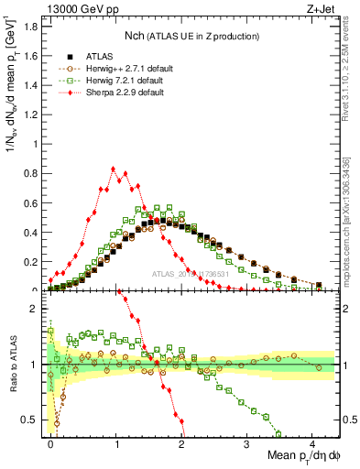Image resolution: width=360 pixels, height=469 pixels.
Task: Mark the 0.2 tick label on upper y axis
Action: [x=33, y=261]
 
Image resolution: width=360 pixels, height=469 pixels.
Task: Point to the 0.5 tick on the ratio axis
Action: [x=33, y=420]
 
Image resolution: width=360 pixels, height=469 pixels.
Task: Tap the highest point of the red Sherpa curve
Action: [x=113, y=169]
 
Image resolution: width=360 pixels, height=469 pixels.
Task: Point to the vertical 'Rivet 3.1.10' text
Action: [x=351, y=92]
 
